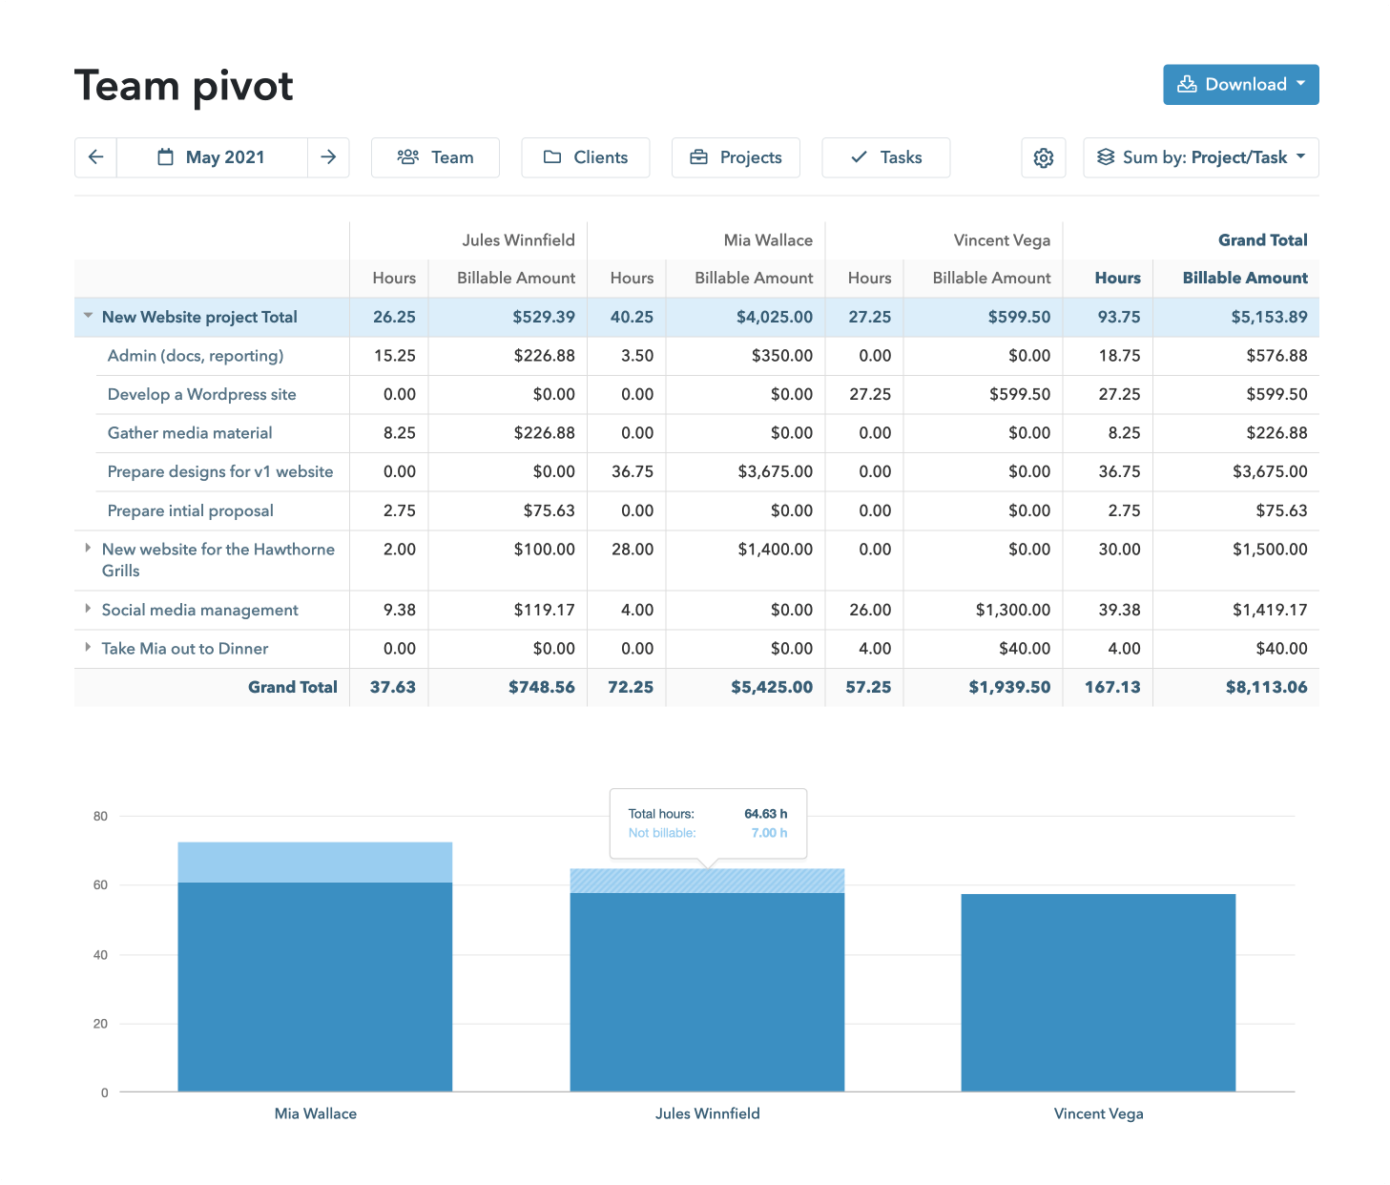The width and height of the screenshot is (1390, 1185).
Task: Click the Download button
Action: tap(1240, 85)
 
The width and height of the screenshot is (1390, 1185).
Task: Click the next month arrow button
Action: tap(328, 157)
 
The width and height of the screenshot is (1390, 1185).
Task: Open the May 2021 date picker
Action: tap(212, 157)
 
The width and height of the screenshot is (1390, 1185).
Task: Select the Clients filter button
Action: tap(586, 157)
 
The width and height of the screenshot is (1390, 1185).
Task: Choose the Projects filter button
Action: tap(736, 157)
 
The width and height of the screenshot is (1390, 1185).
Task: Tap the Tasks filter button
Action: tap(885, 157)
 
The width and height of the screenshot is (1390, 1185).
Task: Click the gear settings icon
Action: tap(1043, 157)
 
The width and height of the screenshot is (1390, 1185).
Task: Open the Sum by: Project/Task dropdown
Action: tap(1200, 157)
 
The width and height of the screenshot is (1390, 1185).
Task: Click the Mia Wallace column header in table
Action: tap(767, 240)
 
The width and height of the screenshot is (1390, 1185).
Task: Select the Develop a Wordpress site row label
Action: tap(201, 394)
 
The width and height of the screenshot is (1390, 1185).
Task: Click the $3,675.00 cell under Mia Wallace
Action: tap(775, 471)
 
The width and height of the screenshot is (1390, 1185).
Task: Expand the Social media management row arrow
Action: tap(88, 609)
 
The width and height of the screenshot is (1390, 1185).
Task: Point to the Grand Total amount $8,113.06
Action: tap(1266, 687)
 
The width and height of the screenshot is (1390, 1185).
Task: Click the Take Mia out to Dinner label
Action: tap(185, 649)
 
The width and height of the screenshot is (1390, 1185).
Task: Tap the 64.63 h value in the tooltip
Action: tap(765, 814)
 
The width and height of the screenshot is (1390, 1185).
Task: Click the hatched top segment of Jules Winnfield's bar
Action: tap(707, 882)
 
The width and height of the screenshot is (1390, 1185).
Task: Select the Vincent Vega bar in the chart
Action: tap(1098, 992)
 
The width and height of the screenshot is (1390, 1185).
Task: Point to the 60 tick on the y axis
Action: tap(100, 885)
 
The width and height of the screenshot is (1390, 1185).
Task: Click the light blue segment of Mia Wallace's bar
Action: tap(315, 863)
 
